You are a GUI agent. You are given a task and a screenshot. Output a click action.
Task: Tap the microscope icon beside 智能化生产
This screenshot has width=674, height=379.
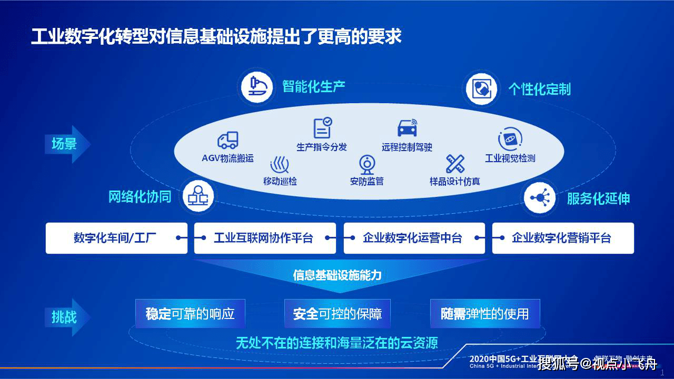(257, 87)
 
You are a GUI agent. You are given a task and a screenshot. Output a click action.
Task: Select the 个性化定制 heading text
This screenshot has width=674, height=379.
(539, 89)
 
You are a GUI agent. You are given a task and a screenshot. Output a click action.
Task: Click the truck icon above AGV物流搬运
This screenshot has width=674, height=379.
(227, 141)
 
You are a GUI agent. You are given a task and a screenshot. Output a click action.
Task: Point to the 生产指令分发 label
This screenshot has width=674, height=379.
(322, 147)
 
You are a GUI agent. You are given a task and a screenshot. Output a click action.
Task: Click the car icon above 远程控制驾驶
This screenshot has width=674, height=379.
(407, 128)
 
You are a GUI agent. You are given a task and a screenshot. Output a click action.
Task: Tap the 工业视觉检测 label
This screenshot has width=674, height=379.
(510, 158)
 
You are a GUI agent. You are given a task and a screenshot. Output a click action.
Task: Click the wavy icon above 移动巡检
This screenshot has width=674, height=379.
(279, 165)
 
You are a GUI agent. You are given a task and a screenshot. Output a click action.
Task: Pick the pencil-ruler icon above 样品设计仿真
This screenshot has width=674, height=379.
(454, 164)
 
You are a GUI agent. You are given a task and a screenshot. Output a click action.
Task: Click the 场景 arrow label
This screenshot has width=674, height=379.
(65, 144)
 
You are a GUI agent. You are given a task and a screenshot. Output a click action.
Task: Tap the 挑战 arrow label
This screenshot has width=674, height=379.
(65, 317)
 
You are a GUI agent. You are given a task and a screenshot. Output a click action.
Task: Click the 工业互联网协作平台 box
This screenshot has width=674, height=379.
(264, 238)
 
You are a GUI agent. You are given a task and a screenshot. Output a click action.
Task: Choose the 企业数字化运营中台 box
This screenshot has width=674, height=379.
(413, 238)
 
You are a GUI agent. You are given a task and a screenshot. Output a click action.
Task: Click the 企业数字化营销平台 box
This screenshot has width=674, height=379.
(562, 238)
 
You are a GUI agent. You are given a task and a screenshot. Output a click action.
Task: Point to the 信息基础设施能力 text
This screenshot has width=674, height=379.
(337, 275)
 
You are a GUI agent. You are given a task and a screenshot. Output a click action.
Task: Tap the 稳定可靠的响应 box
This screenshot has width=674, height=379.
(190, 314)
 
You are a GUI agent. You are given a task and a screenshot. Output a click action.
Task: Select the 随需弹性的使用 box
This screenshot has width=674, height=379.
(485, 314)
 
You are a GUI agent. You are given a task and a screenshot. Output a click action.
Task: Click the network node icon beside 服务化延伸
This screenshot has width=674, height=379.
(539, 198)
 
